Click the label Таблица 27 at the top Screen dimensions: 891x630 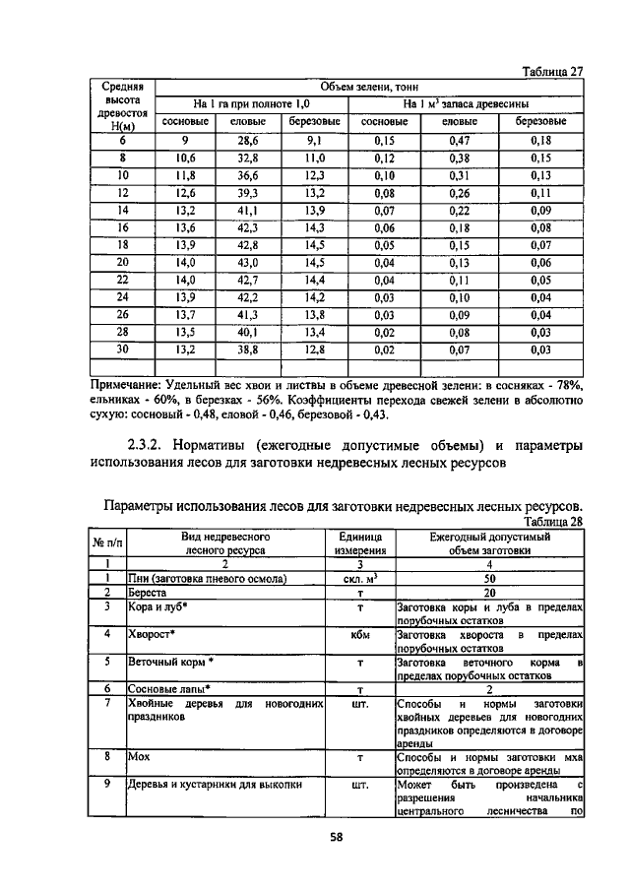[x=550, y=71]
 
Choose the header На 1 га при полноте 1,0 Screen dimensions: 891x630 [x=250, y=103]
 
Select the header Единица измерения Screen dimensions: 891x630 [x=359, y=544]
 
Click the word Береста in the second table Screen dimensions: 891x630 [x=148, y=594]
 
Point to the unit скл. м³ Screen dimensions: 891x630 [x=359, y=579]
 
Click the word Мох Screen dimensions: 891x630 [x=136, y=758]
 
